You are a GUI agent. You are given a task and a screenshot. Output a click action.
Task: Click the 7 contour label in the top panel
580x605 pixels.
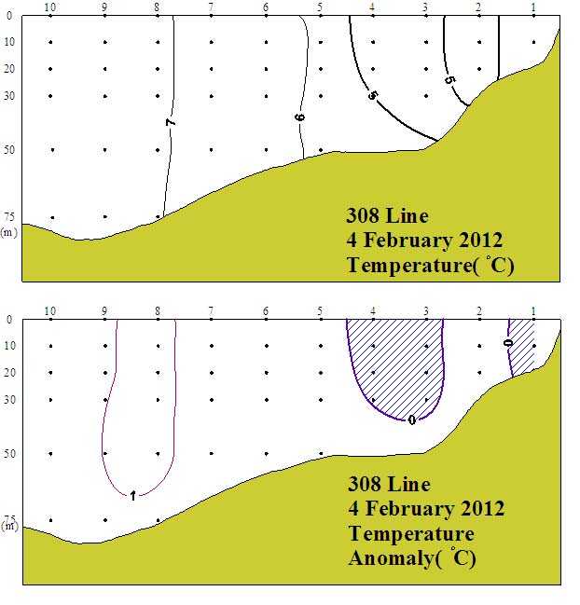pos(172,122)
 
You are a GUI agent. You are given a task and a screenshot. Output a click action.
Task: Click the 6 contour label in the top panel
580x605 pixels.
pos(300,117)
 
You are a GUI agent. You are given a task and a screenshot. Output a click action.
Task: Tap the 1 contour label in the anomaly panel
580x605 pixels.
pos(131,495)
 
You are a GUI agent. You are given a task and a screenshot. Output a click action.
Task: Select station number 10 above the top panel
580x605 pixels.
pos(49,7)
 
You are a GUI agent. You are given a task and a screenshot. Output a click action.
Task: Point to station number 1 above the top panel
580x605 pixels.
pos(533,7)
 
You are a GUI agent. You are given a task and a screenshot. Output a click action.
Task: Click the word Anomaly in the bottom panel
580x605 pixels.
pos(386,558)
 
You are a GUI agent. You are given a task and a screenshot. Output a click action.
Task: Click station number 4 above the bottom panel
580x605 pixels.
pos(374,310)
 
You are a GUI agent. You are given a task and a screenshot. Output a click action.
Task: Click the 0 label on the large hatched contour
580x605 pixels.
pos(411,420)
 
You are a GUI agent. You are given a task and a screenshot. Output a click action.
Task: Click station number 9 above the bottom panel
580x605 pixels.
pos(104,310)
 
